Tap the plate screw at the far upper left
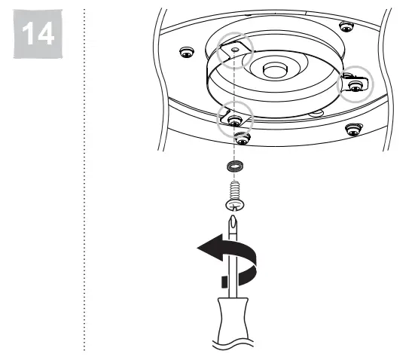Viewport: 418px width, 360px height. [186, 52]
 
